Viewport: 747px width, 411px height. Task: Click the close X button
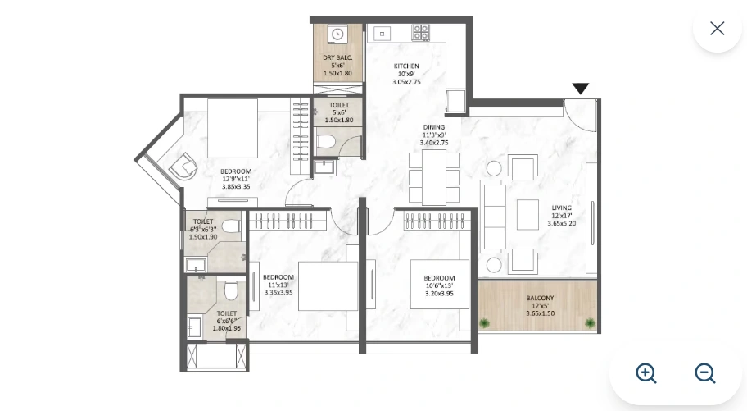pyautogui.click(x=717, y=29)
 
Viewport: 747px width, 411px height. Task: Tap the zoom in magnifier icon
pyautogui.click(x=646, y=373)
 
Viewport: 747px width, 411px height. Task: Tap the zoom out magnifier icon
pyautogui.click(x=705, y=373)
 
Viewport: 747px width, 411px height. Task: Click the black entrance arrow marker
pyautogui.click(x=581, y=89)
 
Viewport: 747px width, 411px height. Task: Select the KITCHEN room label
pyautogui.click(x=406, y=66)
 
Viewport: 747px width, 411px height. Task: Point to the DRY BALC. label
pyautogui.click(x=337, y=57)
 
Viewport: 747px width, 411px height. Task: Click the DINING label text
pyautogui.click(x=433, y=127)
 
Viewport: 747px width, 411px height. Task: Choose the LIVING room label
pyautogui.click(x=561, y=208)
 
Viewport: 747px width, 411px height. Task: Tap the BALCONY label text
pyautogui.click(x=540, y=298)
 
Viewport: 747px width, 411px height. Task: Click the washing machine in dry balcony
pyautogui.click(x=337, y=34)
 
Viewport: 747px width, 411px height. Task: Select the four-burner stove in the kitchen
pyautogui.click(x=420, y=33)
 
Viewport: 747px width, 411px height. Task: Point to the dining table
pyautogui.click(x=434, y=176)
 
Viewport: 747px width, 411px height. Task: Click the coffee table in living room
pyautogui.click(x=527, y=214)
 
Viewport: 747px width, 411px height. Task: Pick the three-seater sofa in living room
pyautogui.click(x=493, y=217)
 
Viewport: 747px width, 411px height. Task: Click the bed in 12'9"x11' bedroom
pyautogui.click(x=233, y=128)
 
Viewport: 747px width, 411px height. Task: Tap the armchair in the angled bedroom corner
pyautogui.click(x=182, y=167)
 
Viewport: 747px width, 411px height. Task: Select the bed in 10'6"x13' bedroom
pyautogui.click(x=440, y=284)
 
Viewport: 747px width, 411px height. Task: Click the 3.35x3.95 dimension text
pyautogui.click(x=278, y=292)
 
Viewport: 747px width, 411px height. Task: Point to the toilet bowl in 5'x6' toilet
pyautogui.click(x=326, y=141)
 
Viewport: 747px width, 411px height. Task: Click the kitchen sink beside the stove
pyautogui.click(x=383, y=34)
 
